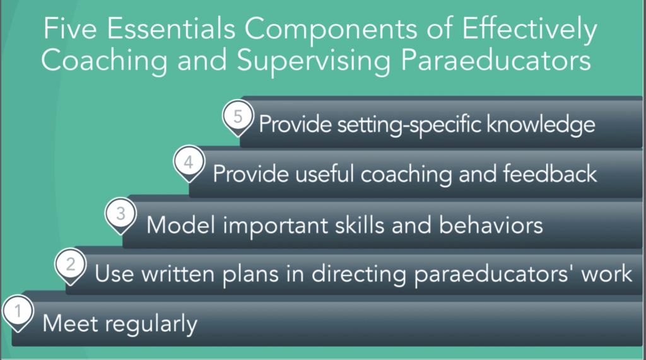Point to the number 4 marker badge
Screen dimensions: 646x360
tap(189, 163)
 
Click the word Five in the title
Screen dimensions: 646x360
tap(70, 28)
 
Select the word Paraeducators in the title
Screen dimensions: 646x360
tap(496, 61)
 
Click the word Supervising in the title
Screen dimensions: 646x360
tap(314, 61)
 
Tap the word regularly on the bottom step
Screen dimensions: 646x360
tap(151, 324)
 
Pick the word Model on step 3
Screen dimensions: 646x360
tap(180, 225)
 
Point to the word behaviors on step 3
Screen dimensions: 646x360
tap(491, 225)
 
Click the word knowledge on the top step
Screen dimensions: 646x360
tap(541, 125)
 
